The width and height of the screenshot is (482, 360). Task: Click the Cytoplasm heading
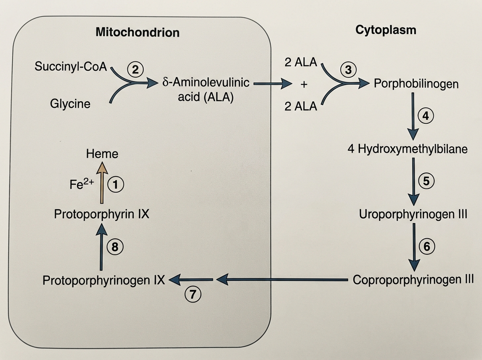coord(386,30)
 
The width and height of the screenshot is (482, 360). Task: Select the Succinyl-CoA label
coord(71,66)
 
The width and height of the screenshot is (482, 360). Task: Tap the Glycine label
coord(70,104)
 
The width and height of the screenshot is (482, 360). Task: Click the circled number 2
coord(135,70)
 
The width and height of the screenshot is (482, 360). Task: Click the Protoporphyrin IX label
coord(102,214)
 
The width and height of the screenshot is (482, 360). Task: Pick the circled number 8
coord(115,247)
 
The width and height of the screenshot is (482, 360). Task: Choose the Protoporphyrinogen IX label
coord(104,280)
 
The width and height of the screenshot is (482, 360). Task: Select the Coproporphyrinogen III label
coord(413,279)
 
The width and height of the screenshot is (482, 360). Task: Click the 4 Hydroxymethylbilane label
coord(408,149)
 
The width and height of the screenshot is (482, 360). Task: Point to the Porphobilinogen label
coord(416,84)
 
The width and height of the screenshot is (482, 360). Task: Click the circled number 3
coord(348,70)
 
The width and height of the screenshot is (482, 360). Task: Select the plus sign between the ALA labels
coord(304,85)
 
